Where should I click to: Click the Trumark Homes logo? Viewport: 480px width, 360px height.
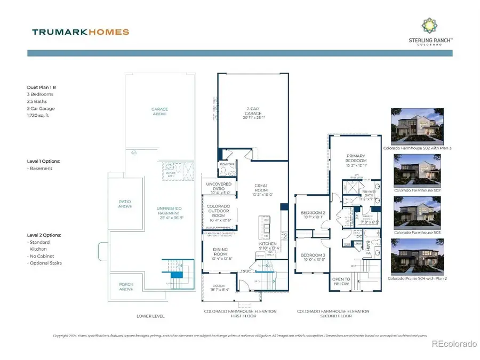(x=81, y=32)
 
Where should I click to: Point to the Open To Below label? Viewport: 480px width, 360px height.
(x=341, y=281)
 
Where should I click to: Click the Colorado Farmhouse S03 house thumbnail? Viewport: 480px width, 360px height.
(x=412, y=212)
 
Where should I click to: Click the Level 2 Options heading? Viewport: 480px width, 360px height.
(x=45, y=235)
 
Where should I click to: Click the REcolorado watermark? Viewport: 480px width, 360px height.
(x=453, y=344)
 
